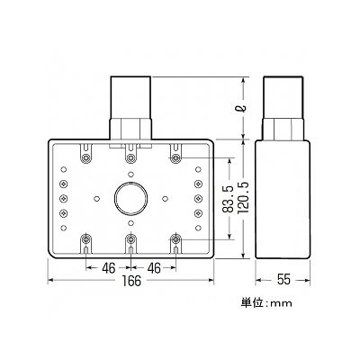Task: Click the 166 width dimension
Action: (131, 281)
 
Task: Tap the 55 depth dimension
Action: (283, 280)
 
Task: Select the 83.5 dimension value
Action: (229, 199)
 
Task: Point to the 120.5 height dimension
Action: (244, 199)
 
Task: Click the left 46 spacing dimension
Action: (109, 268)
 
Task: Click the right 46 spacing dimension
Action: (154, 268)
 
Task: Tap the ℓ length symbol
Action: (244, 108)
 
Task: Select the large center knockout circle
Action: (130, 198)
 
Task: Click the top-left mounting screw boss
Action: (86, 157)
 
